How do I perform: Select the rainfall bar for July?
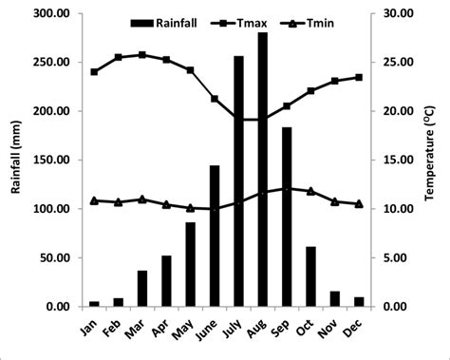[x=238, y=181]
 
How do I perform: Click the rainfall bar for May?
[x=190, y=264]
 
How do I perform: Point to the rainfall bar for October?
[x=311, y=276]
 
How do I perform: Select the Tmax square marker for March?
[x=142, y=55]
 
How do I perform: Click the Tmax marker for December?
[x=359, y=77]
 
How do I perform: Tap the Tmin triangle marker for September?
[x=287, y=188]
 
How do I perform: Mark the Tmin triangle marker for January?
[x=94, y=200]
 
